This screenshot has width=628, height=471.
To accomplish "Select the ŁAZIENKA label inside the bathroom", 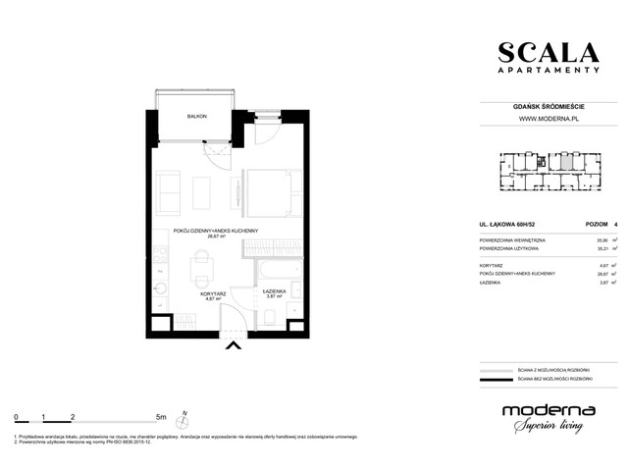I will [x=274, y=291].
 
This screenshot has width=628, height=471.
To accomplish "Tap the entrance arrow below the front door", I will [x=233, y=344].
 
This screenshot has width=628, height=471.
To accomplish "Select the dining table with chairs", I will [x=201, y=263].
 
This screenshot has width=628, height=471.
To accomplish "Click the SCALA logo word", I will [x=548, y=52].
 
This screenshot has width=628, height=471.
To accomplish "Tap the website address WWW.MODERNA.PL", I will [x=548, y=120].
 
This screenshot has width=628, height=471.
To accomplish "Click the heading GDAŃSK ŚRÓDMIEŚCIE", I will [x=548, y=107].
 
